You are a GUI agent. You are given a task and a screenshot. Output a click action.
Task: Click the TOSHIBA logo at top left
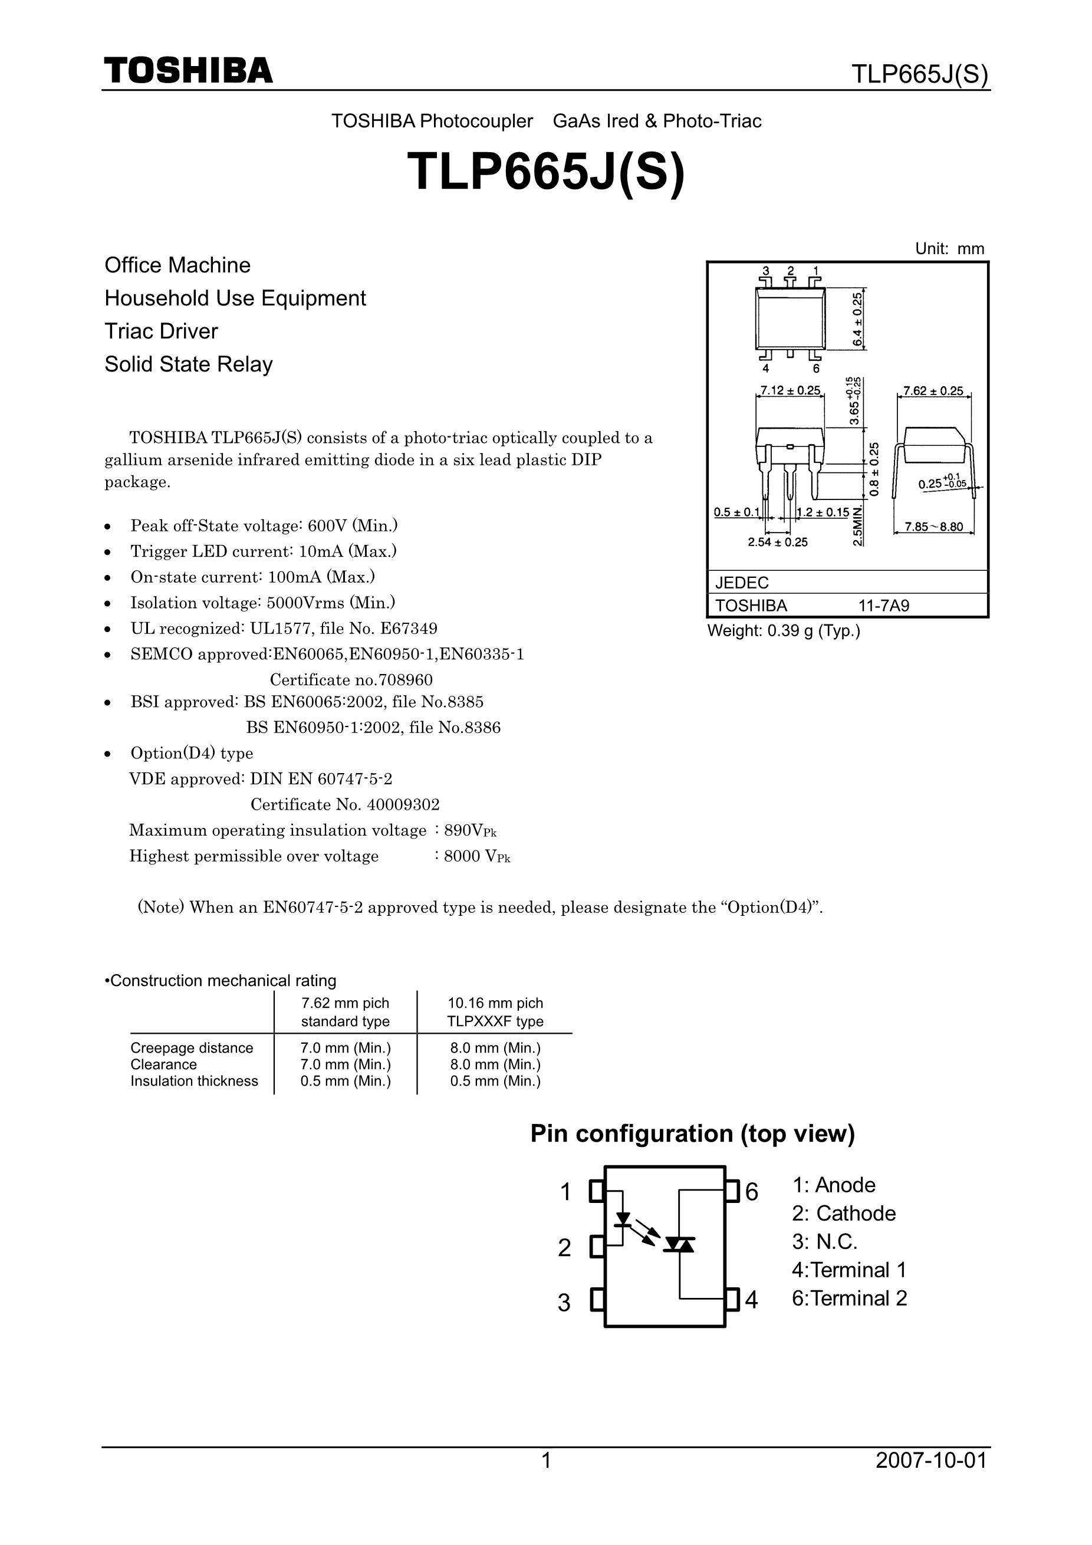[189, 71]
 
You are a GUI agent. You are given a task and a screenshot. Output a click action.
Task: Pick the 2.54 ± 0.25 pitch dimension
[778, 543]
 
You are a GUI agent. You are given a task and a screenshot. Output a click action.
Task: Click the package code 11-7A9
[883, 606]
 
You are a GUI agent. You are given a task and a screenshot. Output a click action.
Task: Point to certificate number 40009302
[401, 805]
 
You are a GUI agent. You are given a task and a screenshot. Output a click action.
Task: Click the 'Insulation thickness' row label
[194, 1081]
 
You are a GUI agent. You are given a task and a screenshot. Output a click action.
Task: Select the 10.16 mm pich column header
[495, 1002]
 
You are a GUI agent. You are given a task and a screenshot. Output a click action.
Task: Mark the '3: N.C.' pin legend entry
[824, 1241]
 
